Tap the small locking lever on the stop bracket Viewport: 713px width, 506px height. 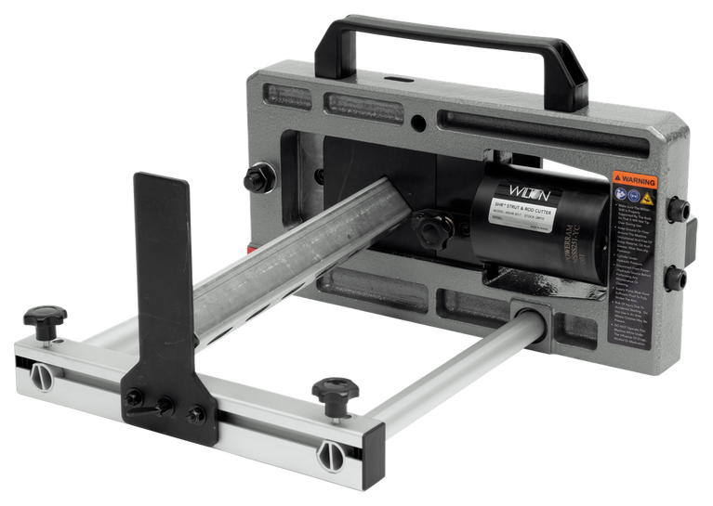(x=139, y=397)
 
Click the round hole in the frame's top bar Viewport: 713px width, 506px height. (x=420, y=121)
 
